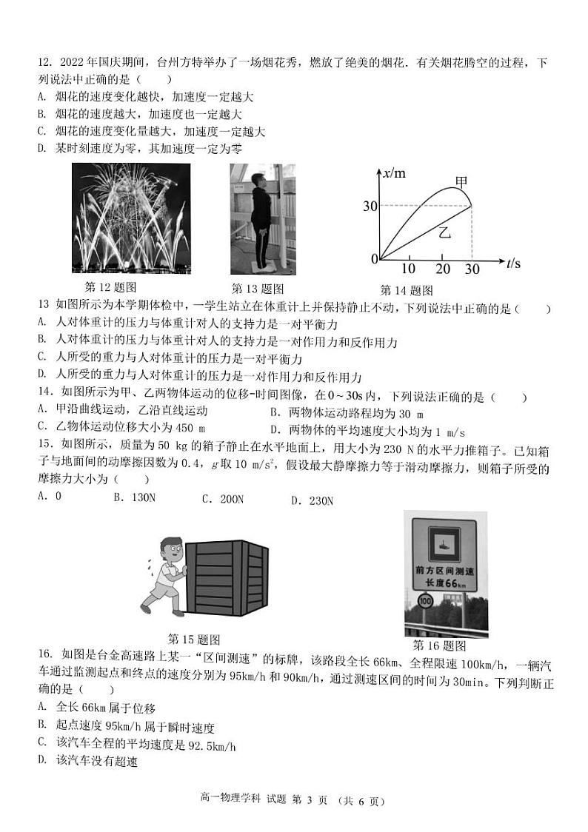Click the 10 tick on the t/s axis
[x=408, y=269]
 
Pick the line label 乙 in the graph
[x=444, y=232]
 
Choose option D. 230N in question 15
[x=312, y=500]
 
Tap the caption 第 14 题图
[x=406, y=290]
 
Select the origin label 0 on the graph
[x=375, y=258]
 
